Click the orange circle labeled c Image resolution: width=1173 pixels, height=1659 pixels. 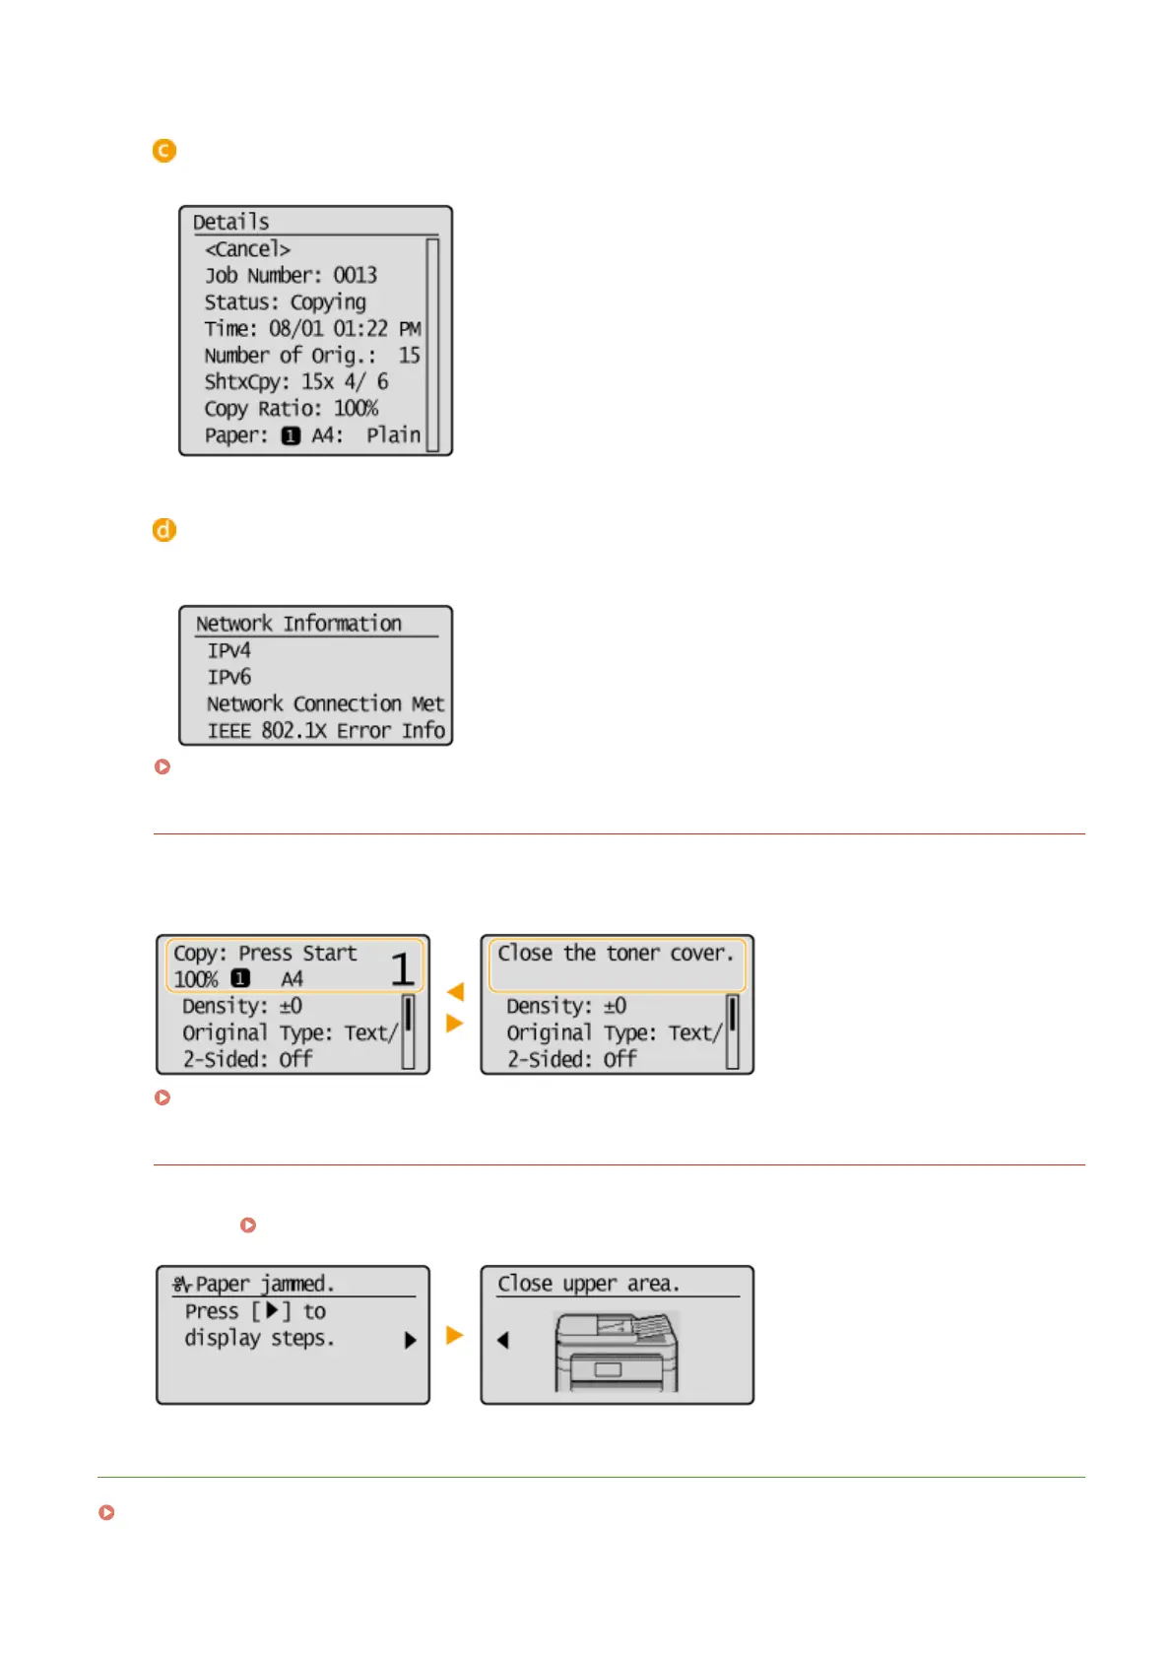[164, 151]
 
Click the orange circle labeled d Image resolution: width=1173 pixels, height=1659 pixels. [164, 530]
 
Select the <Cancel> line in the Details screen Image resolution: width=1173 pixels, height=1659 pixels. [247, 249]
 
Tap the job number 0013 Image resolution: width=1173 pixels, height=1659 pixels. [355, 276]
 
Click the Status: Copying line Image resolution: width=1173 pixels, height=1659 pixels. [285, 302]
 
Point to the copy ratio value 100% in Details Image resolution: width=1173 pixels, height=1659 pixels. [356, 409]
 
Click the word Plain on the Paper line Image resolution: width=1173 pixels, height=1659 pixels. [393, 435]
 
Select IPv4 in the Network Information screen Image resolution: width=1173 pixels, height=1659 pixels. [228, 651]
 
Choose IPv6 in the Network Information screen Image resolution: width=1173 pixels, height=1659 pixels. [228, 678]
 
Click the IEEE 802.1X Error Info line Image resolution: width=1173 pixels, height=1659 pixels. [325, 731]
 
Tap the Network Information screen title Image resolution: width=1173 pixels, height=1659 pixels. [298, 624]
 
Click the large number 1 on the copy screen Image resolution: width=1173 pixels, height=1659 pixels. [402, 969]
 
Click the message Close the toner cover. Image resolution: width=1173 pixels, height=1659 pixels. [616, 954]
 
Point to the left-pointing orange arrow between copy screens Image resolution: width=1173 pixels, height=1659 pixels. [455, 991]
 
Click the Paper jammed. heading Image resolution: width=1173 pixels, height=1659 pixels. [264, 1284]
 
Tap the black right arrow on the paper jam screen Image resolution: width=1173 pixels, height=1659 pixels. [411, 1340]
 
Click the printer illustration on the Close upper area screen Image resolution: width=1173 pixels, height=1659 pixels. [617, 1352]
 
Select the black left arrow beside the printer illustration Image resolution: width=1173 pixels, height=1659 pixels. [503, 1340]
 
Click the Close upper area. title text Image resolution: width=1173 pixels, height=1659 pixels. [588, 1284]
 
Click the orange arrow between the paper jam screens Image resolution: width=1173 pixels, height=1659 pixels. [455, 1335]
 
